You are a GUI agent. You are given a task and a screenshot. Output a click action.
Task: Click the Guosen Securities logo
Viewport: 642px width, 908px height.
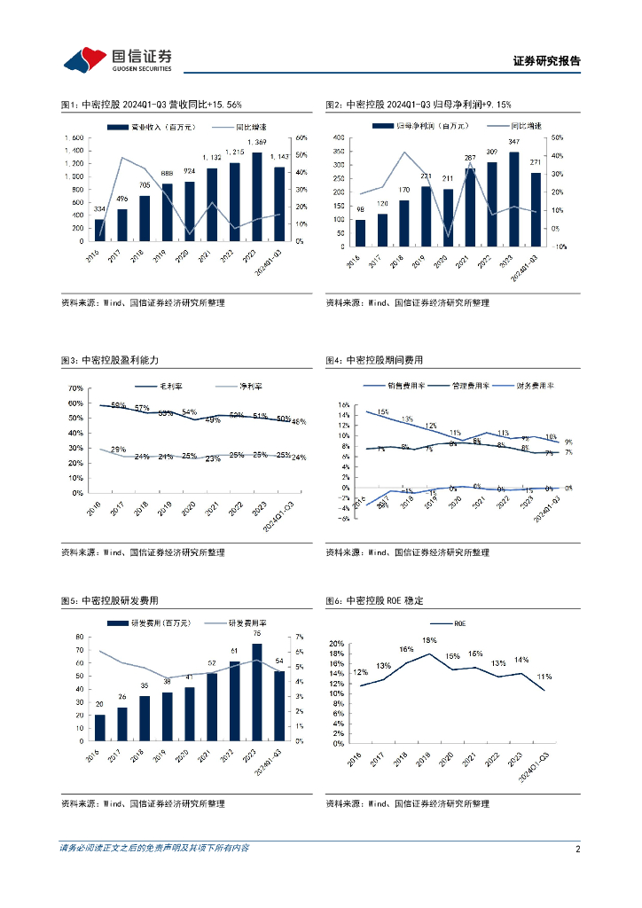tap(116, 59)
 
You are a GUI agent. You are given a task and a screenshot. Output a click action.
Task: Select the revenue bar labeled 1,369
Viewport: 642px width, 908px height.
tap(257, 197)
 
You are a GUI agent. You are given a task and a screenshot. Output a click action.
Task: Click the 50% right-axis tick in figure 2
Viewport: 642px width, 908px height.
tap(557, 137)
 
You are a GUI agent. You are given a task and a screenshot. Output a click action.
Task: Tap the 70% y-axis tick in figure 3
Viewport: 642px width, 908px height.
tap(75, 388)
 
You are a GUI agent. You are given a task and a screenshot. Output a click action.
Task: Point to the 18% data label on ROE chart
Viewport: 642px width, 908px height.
tap(429, 640)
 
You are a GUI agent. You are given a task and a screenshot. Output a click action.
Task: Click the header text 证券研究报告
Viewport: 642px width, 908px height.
tap(546, 61)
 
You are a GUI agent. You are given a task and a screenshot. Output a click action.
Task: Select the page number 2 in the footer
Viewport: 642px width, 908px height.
tap(577, 849)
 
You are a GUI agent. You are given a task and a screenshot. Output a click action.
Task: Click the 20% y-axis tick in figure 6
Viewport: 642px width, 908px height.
tap(336, 643)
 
